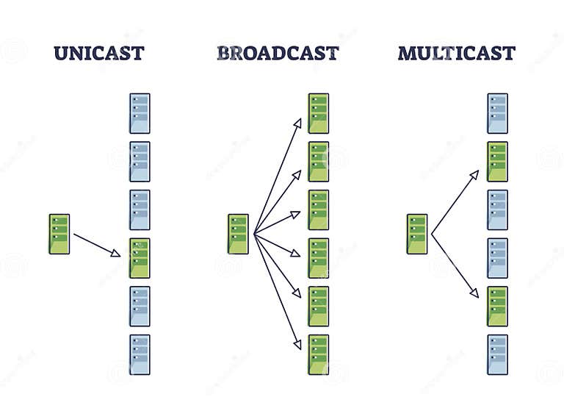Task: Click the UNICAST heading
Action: click(x=98, y=53)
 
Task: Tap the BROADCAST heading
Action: click(x=278, y=53)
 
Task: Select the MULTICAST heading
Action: click(x=456, y=53)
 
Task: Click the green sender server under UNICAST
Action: click(x=59, y=234)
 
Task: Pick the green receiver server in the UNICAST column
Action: click(x=140, y=258)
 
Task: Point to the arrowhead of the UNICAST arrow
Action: click(x=117, y=254)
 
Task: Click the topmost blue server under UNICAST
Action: click(x=140, y=113)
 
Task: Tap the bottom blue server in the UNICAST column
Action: click(x=140, y=354)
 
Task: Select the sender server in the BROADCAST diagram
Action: click(x=238, y=234)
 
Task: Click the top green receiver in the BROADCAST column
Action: click(x=318, y=113)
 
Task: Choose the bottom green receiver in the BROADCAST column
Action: click(x=318, y=354)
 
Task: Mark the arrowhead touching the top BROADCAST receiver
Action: click(x=298, y=122)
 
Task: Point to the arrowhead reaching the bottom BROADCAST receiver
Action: click(x=298, y=345)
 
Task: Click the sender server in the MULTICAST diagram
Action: click(x=417, y=234)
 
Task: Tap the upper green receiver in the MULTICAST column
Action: click(x=497, y=162)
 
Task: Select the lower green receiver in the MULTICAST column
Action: click(x=497, y=307)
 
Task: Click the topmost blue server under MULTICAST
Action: click(x=497, y=113)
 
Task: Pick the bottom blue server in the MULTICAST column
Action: click(x=497, y=354)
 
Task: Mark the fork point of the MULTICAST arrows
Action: click(x=432, y=235)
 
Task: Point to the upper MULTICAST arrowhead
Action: click(x=476, y=173)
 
